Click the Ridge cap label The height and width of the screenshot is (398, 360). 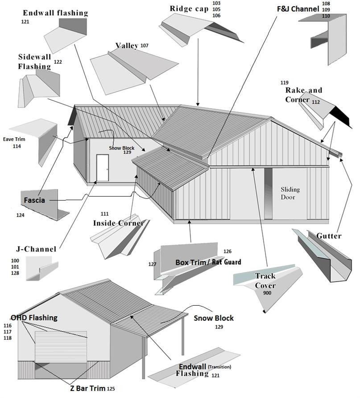coord(189,8)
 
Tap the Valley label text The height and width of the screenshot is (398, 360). coord(126,45)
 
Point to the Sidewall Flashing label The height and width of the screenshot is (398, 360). coord(34,62)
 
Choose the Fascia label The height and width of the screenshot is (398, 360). coord(34,200)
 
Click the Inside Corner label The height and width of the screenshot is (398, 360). coord(118,223)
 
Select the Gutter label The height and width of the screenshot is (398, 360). coord(329,235)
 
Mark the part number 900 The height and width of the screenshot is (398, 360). coord(267,293)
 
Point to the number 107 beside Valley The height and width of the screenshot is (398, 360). coord(145,45)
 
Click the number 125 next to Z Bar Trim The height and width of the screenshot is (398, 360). coord(111,389)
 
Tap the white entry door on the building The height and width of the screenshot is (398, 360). coord(102,168)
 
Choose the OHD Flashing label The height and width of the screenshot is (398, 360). coord(34,318)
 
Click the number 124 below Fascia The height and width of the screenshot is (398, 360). coord(20,216)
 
